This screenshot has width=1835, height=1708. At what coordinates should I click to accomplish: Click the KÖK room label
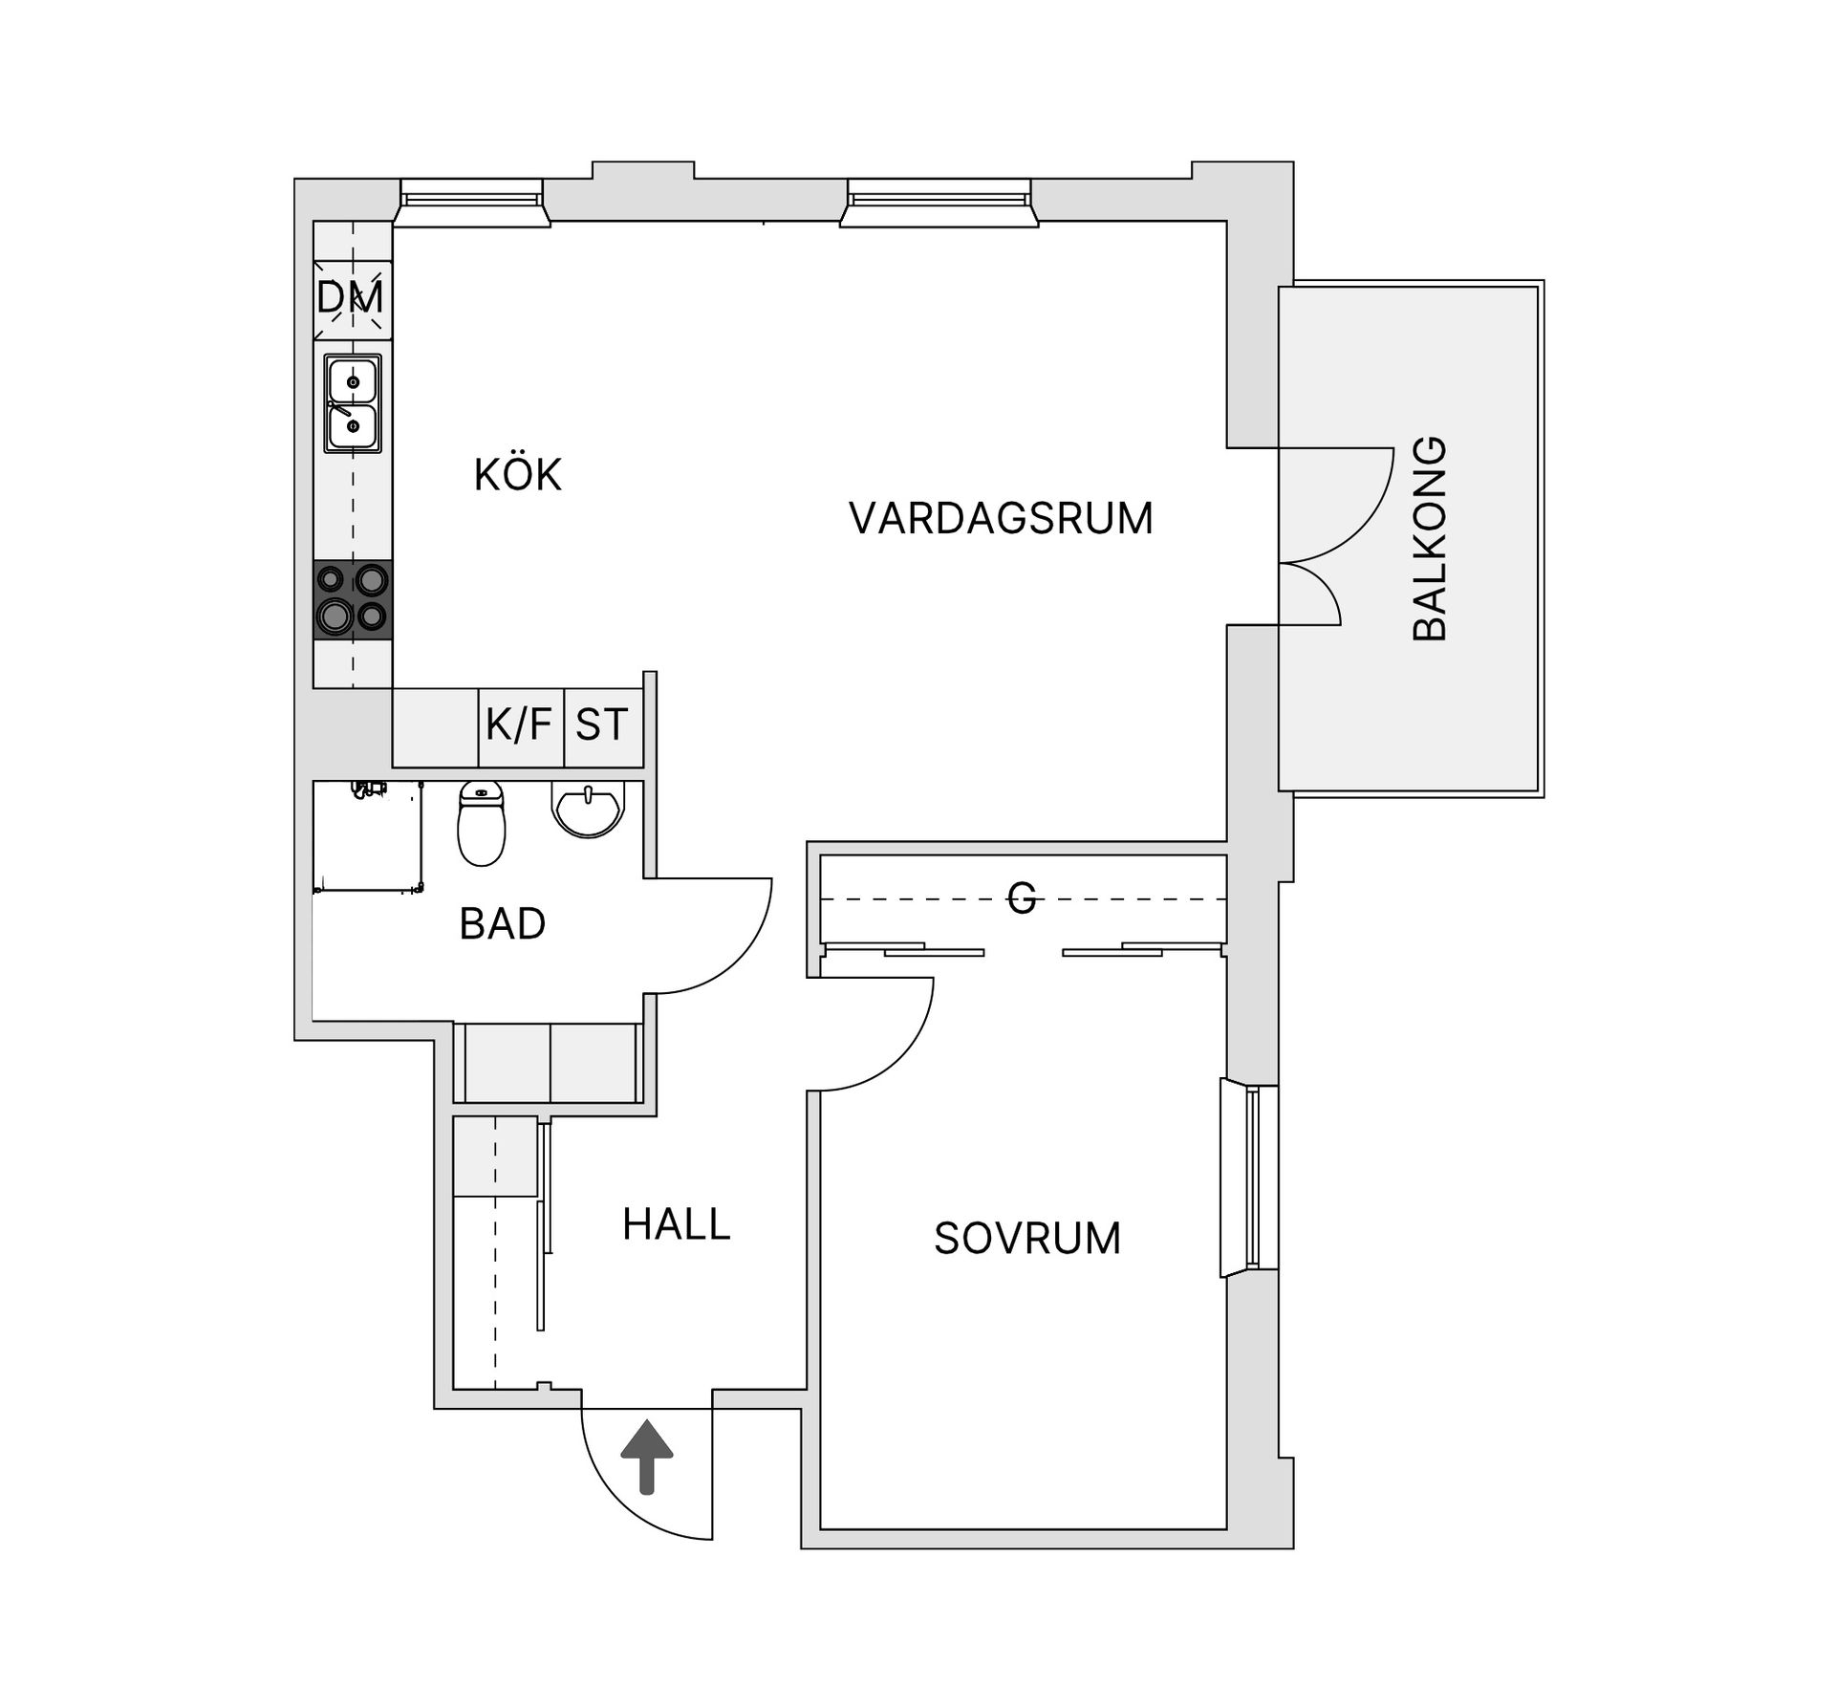[517, 475]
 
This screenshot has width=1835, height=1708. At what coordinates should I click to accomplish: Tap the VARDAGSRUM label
[1001, 518]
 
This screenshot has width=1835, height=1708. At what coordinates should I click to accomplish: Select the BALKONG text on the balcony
[1429, 538]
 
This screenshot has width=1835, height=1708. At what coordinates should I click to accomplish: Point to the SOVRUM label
[1027, 1239]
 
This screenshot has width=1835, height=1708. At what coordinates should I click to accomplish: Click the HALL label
[676, 1224]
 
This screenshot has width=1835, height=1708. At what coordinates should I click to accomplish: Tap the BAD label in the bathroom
[502, 924]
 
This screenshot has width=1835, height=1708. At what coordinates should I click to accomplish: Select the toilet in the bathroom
[481, 823]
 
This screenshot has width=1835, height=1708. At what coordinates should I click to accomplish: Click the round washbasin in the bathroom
[589, 809]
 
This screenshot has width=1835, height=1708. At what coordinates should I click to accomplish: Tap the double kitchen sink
[353, 403]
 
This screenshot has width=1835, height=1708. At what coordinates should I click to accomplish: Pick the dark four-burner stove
[353, 599]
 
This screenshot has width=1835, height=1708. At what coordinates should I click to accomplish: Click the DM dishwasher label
[351, 298]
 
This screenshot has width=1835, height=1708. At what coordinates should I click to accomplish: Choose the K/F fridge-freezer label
[519, 725]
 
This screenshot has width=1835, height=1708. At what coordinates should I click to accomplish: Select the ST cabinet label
[601, 725]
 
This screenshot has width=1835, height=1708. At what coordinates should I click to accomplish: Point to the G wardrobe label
[1022, 898]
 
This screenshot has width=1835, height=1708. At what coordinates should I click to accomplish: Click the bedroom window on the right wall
[1250, 1178]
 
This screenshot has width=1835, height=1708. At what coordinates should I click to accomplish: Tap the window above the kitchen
[471, 203]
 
